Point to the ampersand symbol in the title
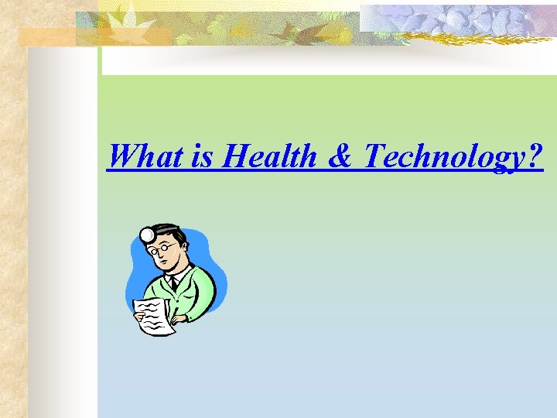[x=340, y=156]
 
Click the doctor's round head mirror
[x=146, y=234]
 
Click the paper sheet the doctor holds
[x=153, y=317]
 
